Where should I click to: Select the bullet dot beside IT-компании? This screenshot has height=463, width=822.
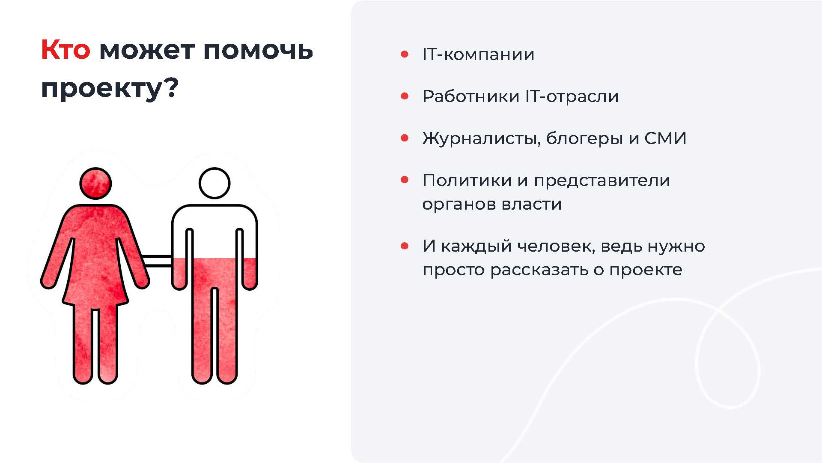(x=405, y=54)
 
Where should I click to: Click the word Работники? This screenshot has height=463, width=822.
(x=471, y=96)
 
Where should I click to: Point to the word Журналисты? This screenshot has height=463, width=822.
(x=481, y=139)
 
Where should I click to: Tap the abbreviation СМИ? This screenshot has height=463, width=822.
(x=665, y=138)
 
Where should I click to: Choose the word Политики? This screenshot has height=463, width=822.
(x=467, y=180)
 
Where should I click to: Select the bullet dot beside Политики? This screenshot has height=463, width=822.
(x=405, y=180)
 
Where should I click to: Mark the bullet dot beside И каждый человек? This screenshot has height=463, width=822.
(x=405, y=246)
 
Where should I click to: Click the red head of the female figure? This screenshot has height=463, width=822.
(x=95, y=183)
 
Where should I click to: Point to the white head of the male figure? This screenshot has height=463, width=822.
(x=214, y=183)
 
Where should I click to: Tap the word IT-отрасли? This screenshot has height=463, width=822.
(x=572, y=96)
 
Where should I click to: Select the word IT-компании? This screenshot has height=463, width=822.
(x=478, y=54)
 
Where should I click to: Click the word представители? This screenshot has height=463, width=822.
(x=602, y=181)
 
